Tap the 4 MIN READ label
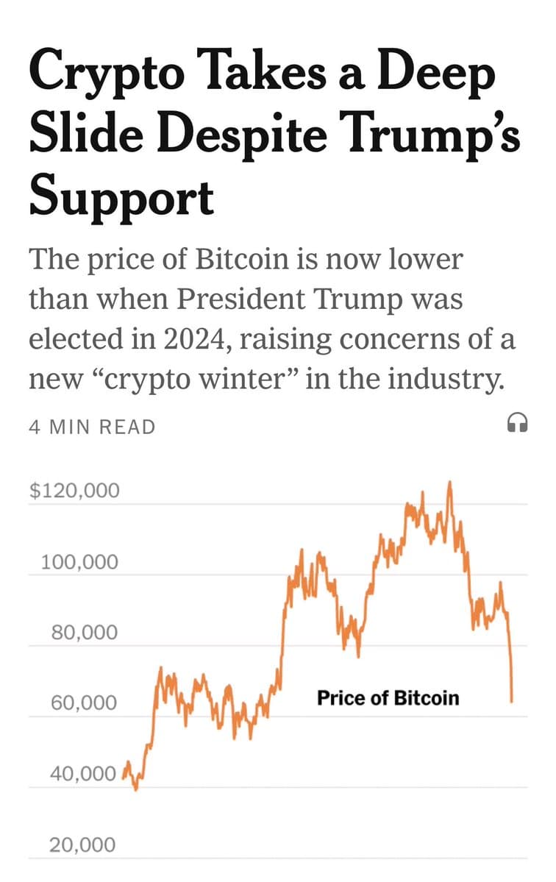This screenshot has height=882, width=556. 92,427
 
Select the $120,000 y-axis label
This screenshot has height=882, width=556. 74,491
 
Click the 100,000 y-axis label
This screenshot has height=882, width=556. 79,563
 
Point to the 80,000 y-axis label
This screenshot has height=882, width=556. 84,633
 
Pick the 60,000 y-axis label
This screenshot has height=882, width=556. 84,703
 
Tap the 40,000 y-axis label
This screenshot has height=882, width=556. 84,774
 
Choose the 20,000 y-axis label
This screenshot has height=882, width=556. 82,845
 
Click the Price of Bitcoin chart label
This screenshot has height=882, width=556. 388,697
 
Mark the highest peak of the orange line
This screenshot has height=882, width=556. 449,483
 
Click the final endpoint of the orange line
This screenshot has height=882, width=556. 512,700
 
